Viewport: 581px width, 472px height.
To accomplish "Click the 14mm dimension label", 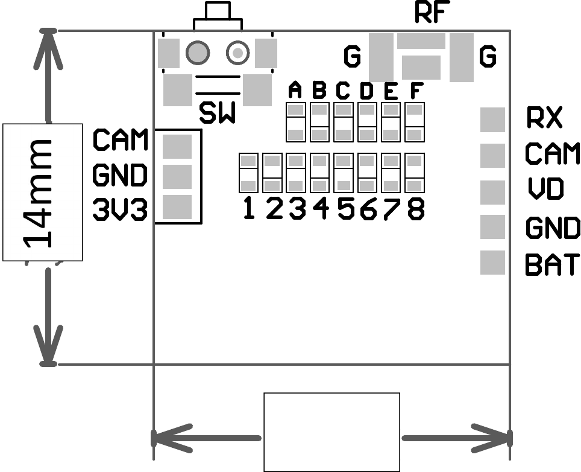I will pyautogui.click(x=42, y=192).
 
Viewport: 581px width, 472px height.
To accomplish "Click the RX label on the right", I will pyautogui.click(x=544, y=118).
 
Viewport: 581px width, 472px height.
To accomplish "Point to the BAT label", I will pyautogui.click(x=552, y=264).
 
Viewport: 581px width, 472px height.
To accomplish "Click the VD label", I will pyautogui.click(x=545, y=189).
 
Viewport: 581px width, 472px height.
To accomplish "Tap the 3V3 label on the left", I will pyautogui.click(x=120, y=210).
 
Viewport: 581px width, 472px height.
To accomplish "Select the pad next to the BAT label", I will pyautogui.click(x=492, y=263).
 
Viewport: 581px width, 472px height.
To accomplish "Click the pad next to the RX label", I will pyautogui.click(x=492, y=119).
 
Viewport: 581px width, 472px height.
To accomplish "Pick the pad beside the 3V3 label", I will pyautogui.click(x=177, y=206).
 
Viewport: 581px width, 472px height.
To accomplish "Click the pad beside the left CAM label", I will pyautogui.click(x=177, y=145).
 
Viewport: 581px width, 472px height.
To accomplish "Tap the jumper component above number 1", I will pyautogui.click(x=248, y=172).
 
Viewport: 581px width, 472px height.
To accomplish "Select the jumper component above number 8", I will pyautogui.click(x=415, y=172).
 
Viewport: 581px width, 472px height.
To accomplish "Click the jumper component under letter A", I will pyautogui.click(x=295, y=121).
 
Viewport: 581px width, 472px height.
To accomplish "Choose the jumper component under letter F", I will pyautogui.click(x=415, y=121).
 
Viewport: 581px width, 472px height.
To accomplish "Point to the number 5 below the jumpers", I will pyautogui.click(x=345, y=209).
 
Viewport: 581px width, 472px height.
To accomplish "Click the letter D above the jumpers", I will pyautogui.click(x=366, y=91).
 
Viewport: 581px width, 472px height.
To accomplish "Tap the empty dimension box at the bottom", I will pyautogui.click(x=331, y=432).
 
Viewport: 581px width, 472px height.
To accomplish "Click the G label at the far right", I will pyautogui.click(x=488, y=57).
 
